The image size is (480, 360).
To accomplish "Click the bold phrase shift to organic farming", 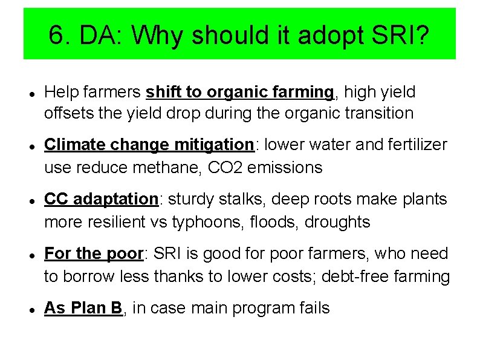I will click(x=240, y=92).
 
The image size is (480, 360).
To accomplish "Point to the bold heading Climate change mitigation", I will click(x=149, y=145).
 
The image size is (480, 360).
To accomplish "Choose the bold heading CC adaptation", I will click(x=101, y=199).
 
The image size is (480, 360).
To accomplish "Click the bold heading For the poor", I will click(x=93, y=254).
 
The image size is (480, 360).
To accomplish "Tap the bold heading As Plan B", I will click(x=83, y=308).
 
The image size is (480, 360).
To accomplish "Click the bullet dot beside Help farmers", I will click(x=30, y=93).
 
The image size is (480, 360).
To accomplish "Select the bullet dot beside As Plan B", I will click(x=30, y=309).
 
